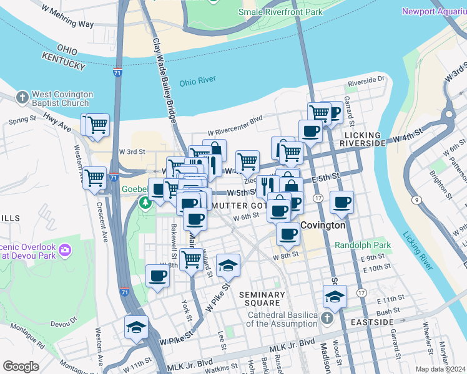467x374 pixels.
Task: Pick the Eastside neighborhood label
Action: pos(372,322)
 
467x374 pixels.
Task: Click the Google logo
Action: pos(21,367)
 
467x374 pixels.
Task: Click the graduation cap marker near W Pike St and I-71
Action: pos(135,327)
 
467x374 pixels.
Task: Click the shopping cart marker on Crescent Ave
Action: pos(95,178)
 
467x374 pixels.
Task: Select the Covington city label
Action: pos(323,225)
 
